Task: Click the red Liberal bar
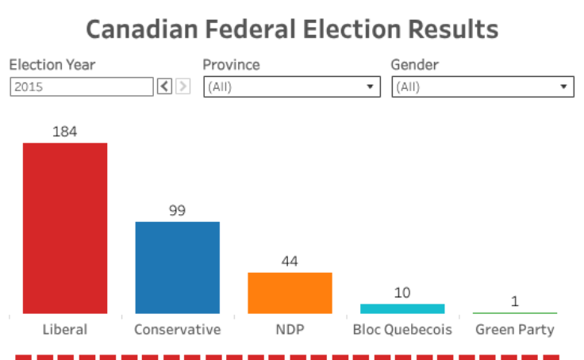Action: point(65,228)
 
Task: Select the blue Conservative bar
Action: point(178,267)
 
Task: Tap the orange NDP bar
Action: point(290,293)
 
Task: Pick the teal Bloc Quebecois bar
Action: point(402,308)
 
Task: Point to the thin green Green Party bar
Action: point(515,313)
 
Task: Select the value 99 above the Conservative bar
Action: point(178,211)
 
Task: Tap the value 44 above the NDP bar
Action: point(290,262)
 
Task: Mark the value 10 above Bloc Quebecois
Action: point(402,293)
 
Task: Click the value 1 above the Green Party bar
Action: point(515,301)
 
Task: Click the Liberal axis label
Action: point(65,329)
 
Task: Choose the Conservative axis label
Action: point(178,329)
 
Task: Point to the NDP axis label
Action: point(290,329)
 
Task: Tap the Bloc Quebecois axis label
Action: point(402,329)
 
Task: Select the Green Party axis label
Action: point(515,329)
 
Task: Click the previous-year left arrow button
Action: point(164,86)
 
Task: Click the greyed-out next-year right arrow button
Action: point(183,86)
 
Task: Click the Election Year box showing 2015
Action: point(81,86)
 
